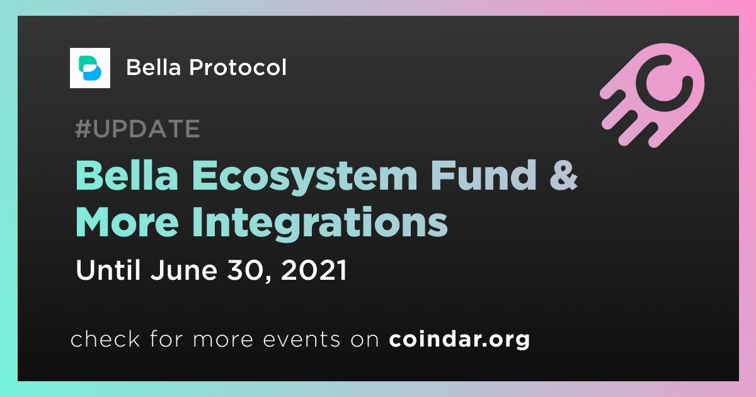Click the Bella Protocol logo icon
[x=89, y=68]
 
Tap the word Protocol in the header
[x=238, y=67]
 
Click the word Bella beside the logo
[x=154, y=67]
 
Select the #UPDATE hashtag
[x=137, y=129]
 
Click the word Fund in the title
[x=483, y=175]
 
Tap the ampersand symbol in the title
[x=564, y=175]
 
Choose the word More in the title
[x=127, y=222]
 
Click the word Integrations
[x=320, y=224]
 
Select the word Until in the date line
[x=108, y=270]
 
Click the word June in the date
[x=183, y=270]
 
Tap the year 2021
[x=314, y=270]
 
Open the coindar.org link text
[x=459, y=340]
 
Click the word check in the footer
[x=105, y=338]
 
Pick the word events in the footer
[x=301, y=340]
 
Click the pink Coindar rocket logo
[x=653, y=95]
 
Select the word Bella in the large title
[x=127, y=175]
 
